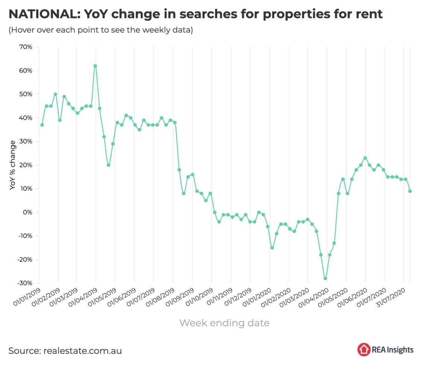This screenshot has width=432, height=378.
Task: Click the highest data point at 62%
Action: click(x=95, y=66)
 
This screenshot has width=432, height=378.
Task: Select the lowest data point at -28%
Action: click(x=325, y=279)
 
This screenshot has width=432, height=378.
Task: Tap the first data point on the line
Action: click(x=42, y=125)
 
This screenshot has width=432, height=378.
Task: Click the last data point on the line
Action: click(x=410, y=191)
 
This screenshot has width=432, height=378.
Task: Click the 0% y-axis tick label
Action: click(x=27, y=212)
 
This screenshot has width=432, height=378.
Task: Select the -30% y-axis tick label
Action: click(x=24, y=283)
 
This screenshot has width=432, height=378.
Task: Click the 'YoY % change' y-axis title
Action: click(x=13, y=165)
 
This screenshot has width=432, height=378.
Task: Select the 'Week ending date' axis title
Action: click(x=224, y=323)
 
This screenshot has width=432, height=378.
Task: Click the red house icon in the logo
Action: click(x=363, y=350)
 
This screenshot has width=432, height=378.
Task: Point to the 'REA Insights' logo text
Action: click(x=392, y=350)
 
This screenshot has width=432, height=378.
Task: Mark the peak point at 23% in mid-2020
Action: click(x=365, y=158)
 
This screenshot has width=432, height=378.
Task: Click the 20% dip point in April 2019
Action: click(x=108, y=165)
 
